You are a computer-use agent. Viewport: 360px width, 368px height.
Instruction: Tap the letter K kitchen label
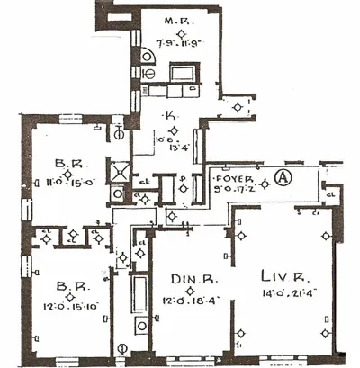169,114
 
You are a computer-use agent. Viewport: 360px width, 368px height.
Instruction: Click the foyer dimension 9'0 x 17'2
237,190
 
